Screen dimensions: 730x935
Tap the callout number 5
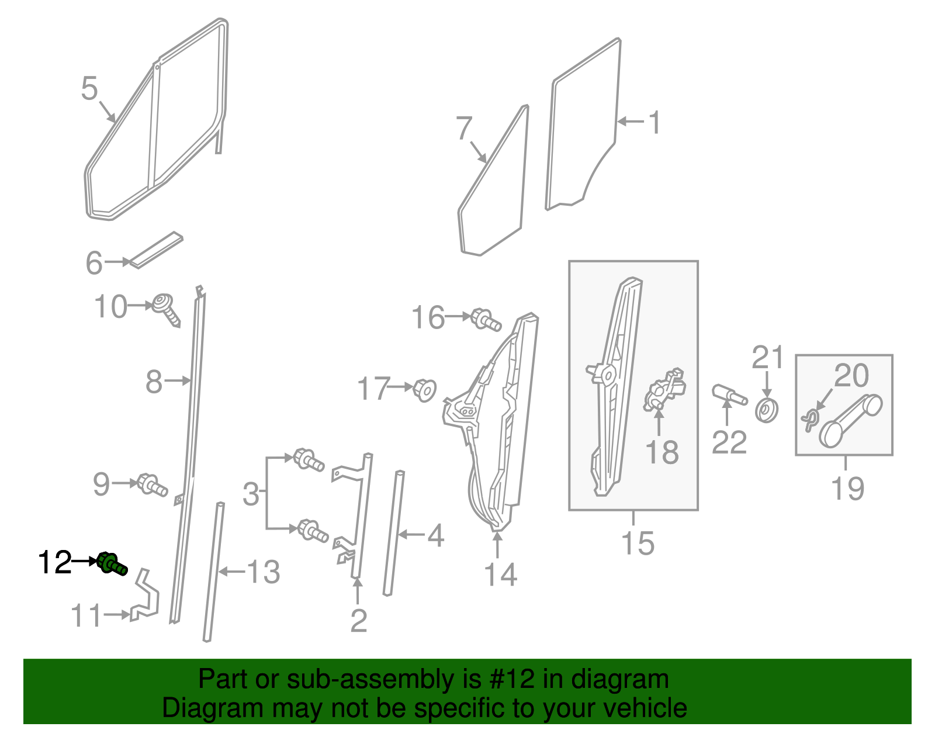tap(89, 89)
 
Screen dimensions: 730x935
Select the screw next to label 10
tap(166, 310)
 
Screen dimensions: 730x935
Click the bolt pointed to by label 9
tap(152, 485)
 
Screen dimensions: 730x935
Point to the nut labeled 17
tap(425, 389)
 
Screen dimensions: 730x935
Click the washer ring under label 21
tap(766, 410)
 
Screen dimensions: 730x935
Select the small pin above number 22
tap(729, 395)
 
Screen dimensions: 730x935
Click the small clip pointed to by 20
tap(809, 419)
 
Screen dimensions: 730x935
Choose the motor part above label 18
tap(664, 389)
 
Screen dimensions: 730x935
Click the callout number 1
tap(654, 122)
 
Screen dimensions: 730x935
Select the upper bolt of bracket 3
tap(308, 459)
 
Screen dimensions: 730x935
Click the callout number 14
tap(500, 575)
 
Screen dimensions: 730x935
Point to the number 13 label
tap(264, 572)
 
